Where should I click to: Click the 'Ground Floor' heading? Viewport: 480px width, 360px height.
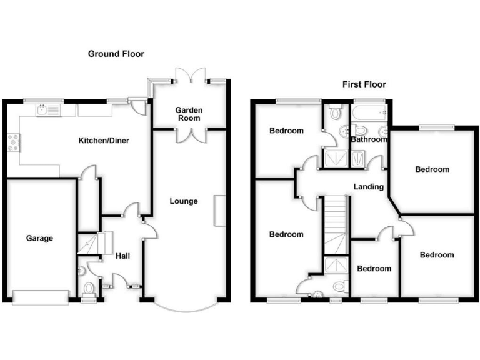116,54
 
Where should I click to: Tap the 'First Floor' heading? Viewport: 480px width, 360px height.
364,84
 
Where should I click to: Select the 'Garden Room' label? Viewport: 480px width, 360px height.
189,114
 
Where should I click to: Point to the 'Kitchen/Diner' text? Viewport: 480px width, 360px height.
103,141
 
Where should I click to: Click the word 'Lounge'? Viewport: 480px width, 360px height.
184,201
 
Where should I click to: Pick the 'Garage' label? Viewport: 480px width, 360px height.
39,238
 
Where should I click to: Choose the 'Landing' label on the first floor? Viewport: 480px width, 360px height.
368,187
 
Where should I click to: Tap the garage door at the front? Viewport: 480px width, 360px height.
40,297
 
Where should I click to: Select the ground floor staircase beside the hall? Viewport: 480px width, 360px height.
94,242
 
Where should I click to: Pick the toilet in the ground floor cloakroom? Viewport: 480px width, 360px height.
88,289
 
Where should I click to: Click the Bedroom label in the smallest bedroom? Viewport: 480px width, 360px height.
374,269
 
